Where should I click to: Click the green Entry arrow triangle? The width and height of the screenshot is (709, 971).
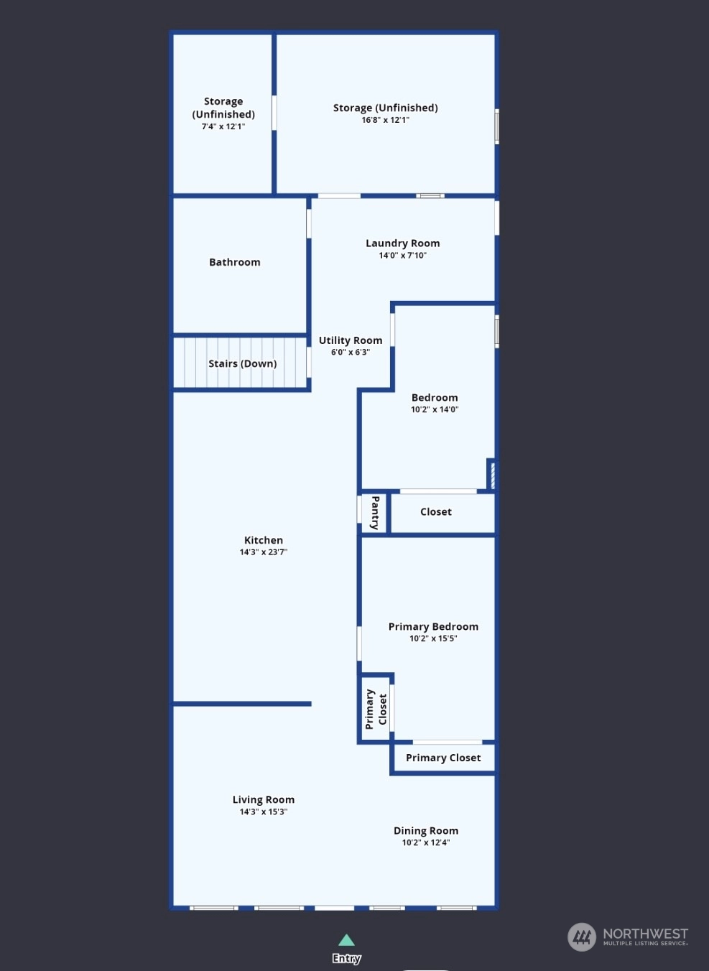pyautogui.click(x=346, y=940)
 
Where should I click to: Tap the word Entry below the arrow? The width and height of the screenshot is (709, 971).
pyautogui.click(x=346, y=958)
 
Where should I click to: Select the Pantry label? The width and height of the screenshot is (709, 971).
pyautogui.click(x=375, y=513)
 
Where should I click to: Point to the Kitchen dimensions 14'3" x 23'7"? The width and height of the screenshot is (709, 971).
pyautogui.click(x=264, y=552)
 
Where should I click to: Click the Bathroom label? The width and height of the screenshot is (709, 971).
pyautogui.click(x=235, y=262)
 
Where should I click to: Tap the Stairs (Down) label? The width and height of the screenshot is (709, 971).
pyautogui.click(x=242, y=363)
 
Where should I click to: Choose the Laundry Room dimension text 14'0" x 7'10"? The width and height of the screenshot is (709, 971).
pyautogui.click(x=403, y=256)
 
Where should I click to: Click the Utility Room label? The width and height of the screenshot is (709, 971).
pyautogui.click(x=351, y=340)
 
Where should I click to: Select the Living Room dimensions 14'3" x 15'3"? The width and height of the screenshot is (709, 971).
pyautogui.click(x=264, y=812)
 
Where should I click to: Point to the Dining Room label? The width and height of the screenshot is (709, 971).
pyautogui.click(x=426, y=830)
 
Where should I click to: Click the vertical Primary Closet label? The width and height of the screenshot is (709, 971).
pyautogui.click(x=376, y=709)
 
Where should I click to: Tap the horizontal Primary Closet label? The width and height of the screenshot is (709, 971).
pyautogui.click(x=443, y=758)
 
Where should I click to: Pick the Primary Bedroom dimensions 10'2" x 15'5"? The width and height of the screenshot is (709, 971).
pyautogui.click(x=433, y=638)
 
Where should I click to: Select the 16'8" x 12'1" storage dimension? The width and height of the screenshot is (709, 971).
pyautogui.click(x=386, y=120)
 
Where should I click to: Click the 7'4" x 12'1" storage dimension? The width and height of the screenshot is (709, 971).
pyautogui.click(x=223, y=126)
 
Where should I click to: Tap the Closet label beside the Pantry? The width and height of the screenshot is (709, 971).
pyautogui.click(x=436, y=512)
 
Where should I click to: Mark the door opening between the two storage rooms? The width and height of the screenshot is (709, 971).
pyautogui.click(x=274, y=113)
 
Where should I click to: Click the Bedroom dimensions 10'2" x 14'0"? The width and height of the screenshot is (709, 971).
pyautogui.click(x=435, y=409)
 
